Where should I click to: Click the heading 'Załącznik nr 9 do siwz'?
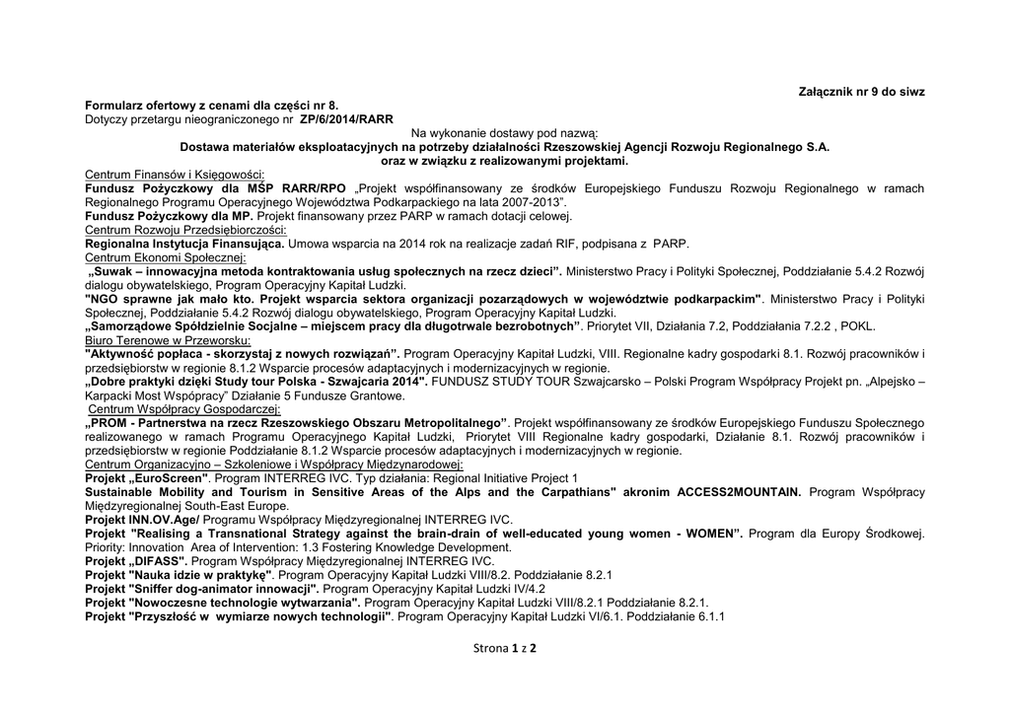(x=861, y=91)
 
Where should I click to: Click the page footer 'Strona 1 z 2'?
(x=505, y=648)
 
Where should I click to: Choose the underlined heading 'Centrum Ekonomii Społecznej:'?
(x=166, y=257)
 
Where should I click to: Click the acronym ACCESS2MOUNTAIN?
(x=740, y=491)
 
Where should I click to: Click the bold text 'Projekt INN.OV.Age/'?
(x=142, y=519)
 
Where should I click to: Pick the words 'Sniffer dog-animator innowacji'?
(x=222, y=588)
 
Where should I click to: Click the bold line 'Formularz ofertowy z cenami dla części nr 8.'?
(x=211, y=105)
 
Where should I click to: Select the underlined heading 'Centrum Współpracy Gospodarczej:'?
(x=183, y=409)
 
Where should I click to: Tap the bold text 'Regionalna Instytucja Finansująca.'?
(x=185, y=244)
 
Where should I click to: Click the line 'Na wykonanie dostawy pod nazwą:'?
(x=504, y=133)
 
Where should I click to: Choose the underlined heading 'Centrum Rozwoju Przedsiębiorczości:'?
(x=185, y=230)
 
